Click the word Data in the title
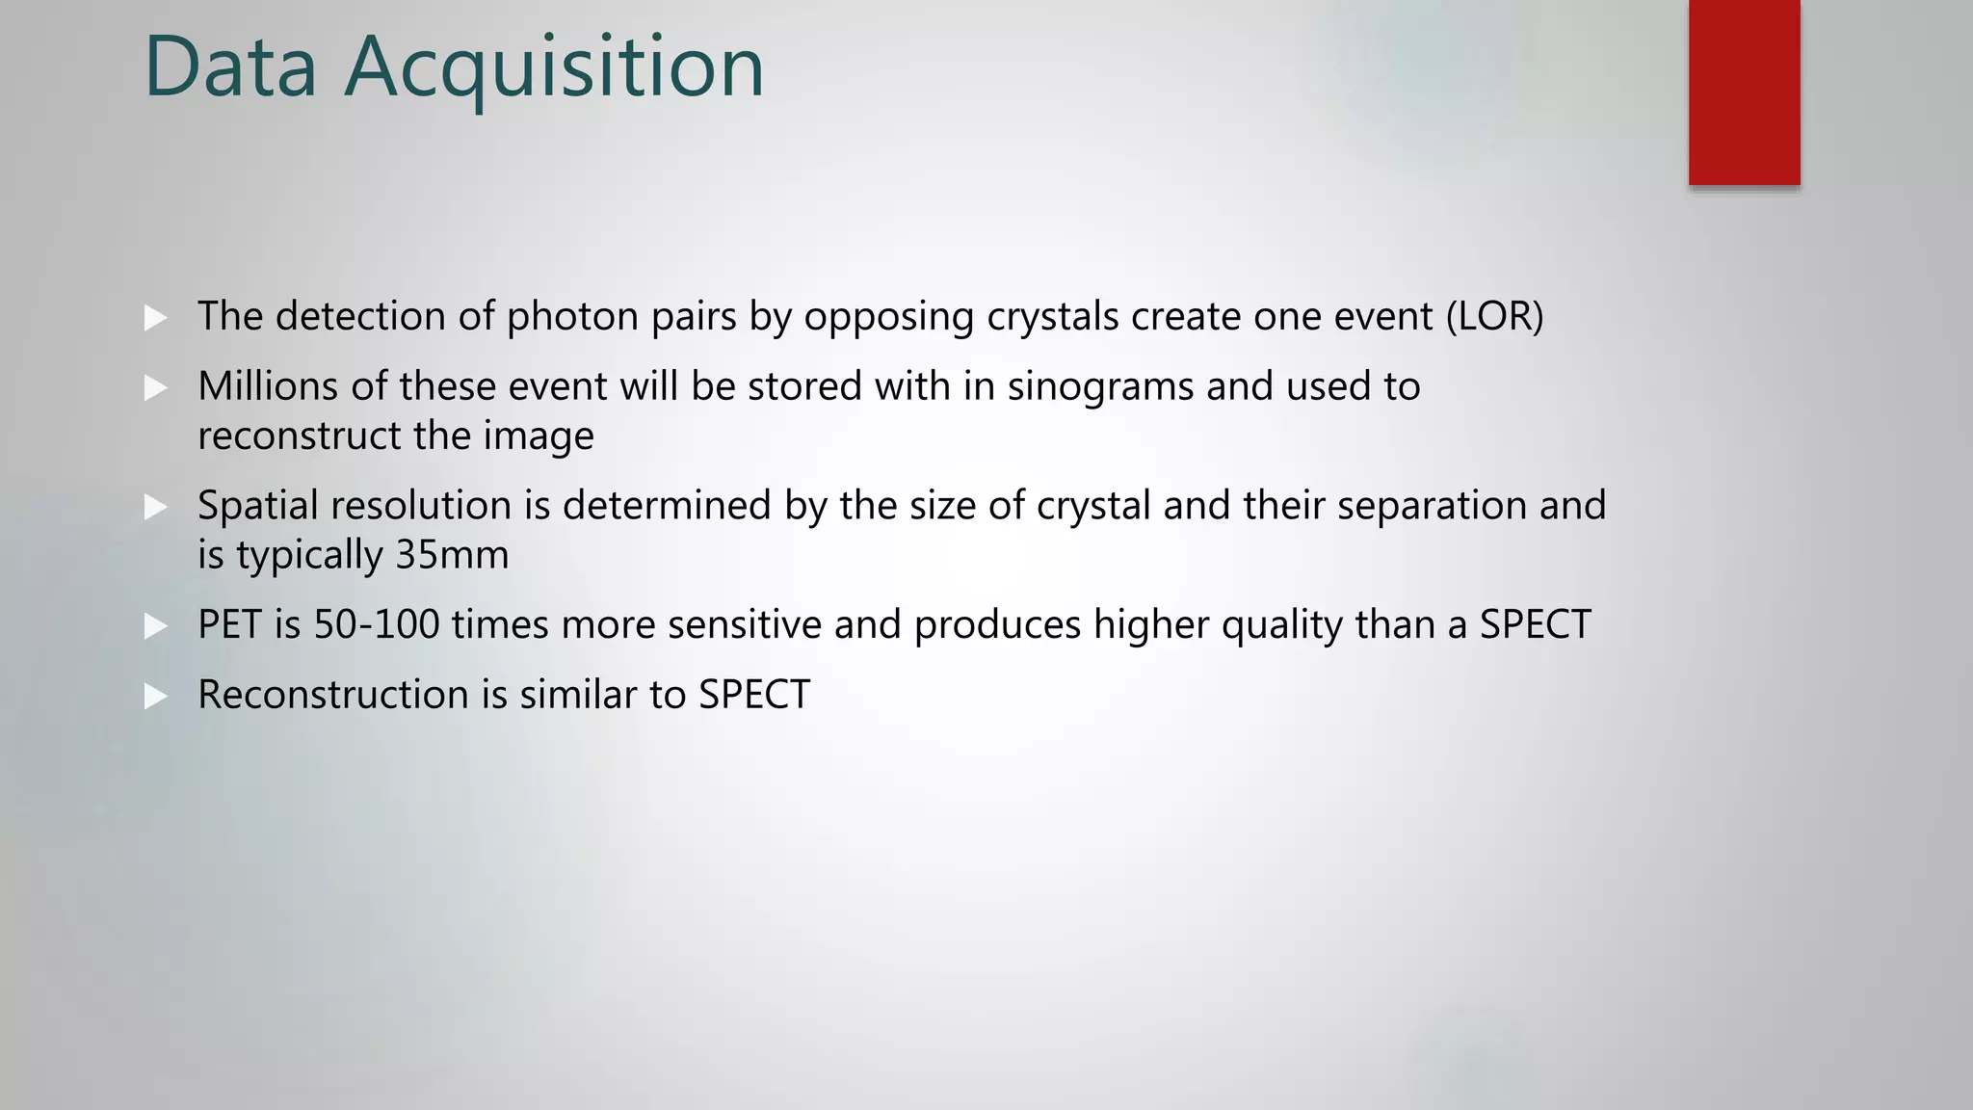point(230,66)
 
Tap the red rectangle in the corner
point(1744,92)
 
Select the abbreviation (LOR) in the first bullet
point(1494,317)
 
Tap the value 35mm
point(452,555)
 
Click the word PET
point(229,624)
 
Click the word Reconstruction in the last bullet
point(332,695)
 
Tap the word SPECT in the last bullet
point(754,695)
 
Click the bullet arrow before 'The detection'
point(155,317)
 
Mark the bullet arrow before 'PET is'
point(155,626)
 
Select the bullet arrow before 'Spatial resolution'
point(155,507)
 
